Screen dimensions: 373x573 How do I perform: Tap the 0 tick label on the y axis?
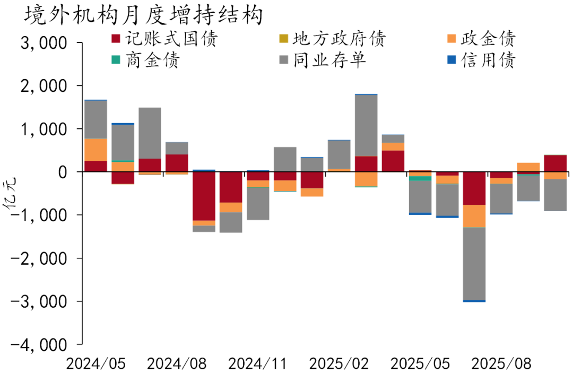pyautogui.click(x=63, y=172)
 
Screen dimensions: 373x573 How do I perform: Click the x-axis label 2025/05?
pyautogui.click(x=420, y=364)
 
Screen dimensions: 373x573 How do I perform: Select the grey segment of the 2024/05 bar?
pyautogui.click(x=95, y=119)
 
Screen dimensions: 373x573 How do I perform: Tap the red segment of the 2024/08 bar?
pyautogui.click(x=177, y=163)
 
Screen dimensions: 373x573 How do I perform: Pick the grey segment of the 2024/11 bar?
pyautogui.click(x=258, y=203)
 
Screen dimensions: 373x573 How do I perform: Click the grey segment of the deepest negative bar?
pyautogui.click(x=474, y=263)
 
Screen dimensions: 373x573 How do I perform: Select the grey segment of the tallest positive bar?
pyautogui.click(x=366, y=125)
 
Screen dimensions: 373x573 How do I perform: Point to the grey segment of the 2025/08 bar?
pyautogui.click(x=528, y=188)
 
